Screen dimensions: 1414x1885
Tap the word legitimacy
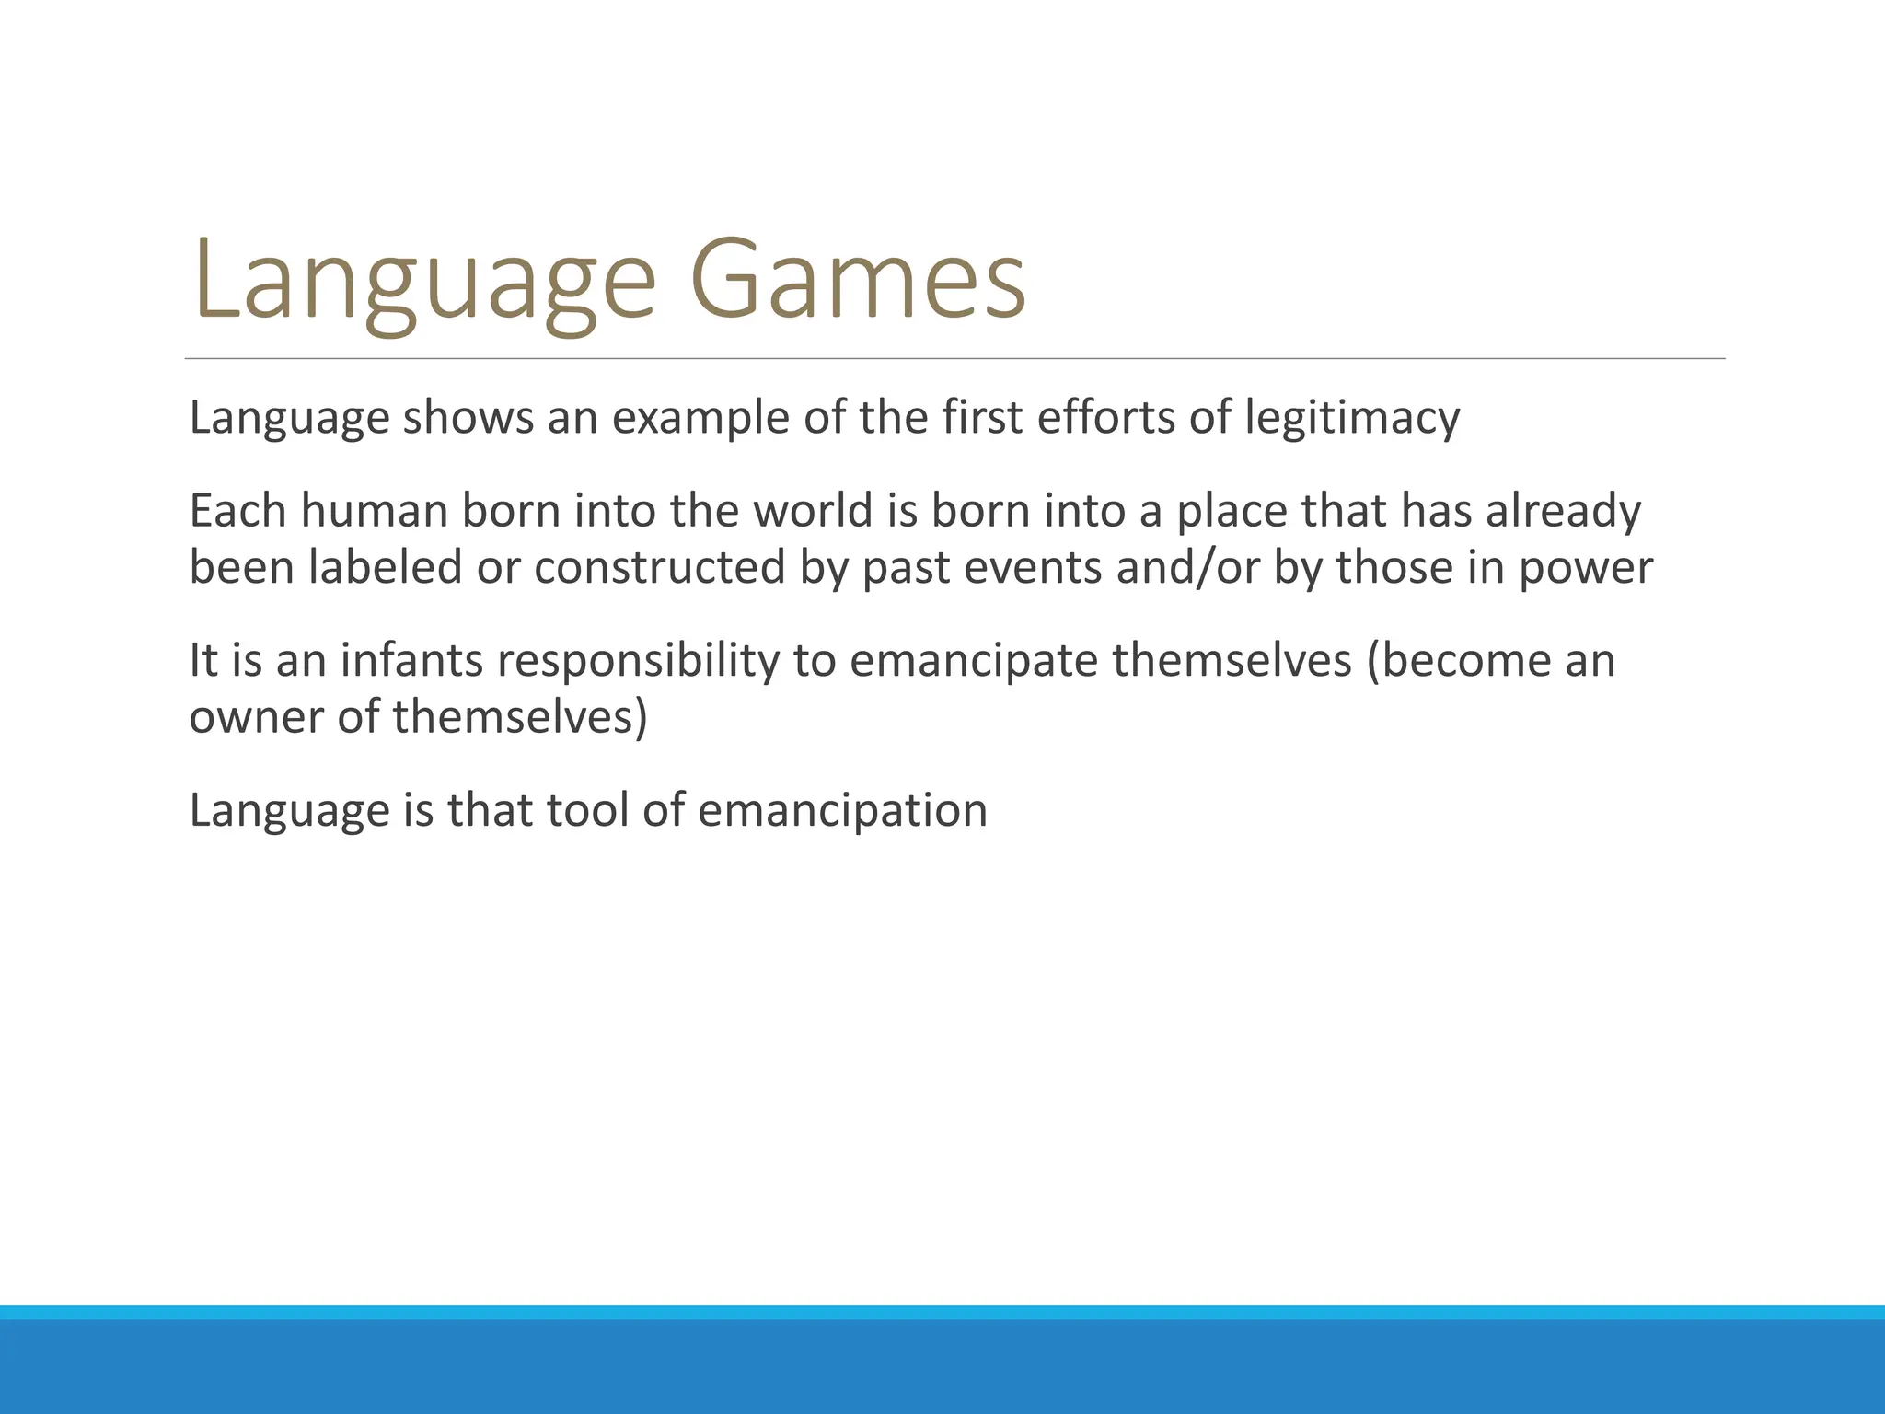tap(1352, 418)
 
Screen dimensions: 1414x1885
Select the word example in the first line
tap(700, 418)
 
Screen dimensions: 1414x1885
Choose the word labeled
tap(385, 567)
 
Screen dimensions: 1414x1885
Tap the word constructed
tap(659, 567)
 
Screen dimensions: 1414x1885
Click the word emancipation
tap(842, 810)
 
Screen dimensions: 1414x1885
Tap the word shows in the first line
tap(468, 418)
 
